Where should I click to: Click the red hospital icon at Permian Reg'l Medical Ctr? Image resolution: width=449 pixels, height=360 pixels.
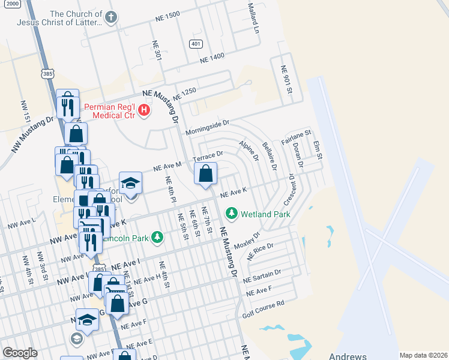144,110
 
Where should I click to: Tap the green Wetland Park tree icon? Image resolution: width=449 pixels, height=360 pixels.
231,214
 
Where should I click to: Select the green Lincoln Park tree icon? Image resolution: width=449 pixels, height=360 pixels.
157,238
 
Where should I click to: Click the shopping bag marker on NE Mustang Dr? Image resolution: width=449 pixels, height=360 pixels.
205,174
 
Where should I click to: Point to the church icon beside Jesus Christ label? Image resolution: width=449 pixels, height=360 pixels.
110,18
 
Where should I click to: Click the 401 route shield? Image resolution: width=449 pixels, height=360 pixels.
196,44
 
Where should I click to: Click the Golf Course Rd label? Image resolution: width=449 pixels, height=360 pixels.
263,306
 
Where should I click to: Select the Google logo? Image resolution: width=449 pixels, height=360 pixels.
20,353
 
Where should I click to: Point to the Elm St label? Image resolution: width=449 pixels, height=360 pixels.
318,150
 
